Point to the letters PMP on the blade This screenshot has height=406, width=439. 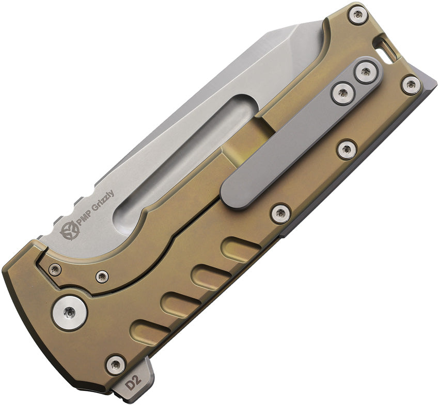click(82, 221)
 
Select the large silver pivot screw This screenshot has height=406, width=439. click(70, 312)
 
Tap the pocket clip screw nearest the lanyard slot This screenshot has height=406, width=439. click(366, 72)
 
